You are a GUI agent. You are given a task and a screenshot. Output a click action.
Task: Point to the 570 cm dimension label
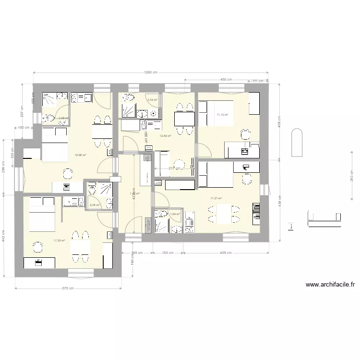[68, 288]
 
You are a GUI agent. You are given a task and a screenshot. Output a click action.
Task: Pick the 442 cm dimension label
[4, 235]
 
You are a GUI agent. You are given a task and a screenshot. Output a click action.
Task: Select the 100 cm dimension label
[24, 128]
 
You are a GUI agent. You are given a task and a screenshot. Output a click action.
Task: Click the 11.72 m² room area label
[222, 115]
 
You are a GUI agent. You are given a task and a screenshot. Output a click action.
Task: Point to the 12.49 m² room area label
[166, 136]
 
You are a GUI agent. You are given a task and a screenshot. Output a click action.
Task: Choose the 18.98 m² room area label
[80, 155]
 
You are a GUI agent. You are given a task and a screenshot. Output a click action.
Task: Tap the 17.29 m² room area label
[59, 240]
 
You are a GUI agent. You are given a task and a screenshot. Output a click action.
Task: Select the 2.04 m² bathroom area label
[95, 205]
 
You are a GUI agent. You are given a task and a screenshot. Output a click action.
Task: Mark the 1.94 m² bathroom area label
[175, 214]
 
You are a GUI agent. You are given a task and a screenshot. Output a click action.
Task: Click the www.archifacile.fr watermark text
[330, 285]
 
